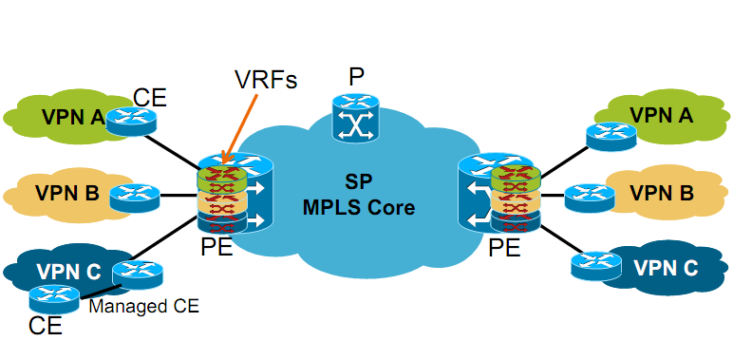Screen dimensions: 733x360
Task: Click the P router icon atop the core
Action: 356,118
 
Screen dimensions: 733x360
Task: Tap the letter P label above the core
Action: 356,77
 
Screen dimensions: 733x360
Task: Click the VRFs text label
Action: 267,80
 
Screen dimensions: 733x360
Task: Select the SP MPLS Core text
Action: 359,196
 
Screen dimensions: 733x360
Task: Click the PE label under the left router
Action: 216,246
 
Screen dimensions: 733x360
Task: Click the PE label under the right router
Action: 504,247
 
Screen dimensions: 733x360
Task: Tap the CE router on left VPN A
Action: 131,120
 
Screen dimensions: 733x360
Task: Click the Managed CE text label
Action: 144,306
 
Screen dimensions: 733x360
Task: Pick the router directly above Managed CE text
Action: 139,275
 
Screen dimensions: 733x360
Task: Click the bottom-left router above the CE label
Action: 54,299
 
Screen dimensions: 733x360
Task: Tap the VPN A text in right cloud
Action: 661,115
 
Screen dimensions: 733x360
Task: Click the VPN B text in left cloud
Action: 67,193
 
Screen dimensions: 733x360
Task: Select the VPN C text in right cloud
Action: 666,268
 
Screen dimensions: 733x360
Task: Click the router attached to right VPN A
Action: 611,136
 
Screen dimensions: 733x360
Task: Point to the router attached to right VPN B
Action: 590,199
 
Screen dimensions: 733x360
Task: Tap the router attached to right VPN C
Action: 596,266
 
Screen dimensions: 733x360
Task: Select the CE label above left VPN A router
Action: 150,97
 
